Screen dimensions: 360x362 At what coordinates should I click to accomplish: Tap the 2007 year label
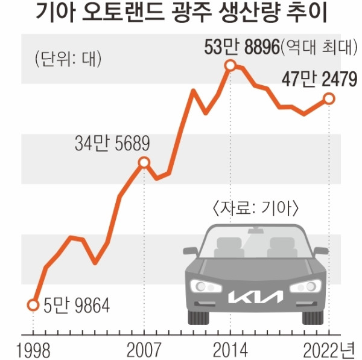coord(144,349)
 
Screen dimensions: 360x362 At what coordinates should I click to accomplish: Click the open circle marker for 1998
coord(33,304)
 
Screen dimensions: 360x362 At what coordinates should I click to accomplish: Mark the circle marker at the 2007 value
coord(144,162)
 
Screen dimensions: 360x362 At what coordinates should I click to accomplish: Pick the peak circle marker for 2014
coord(230,65)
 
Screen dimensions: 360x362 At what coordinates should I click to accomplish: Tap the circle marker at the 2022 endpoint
coord(329,98)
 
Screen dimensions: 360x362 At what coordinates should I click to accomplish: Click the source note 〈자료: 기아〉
coord(258,209)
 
